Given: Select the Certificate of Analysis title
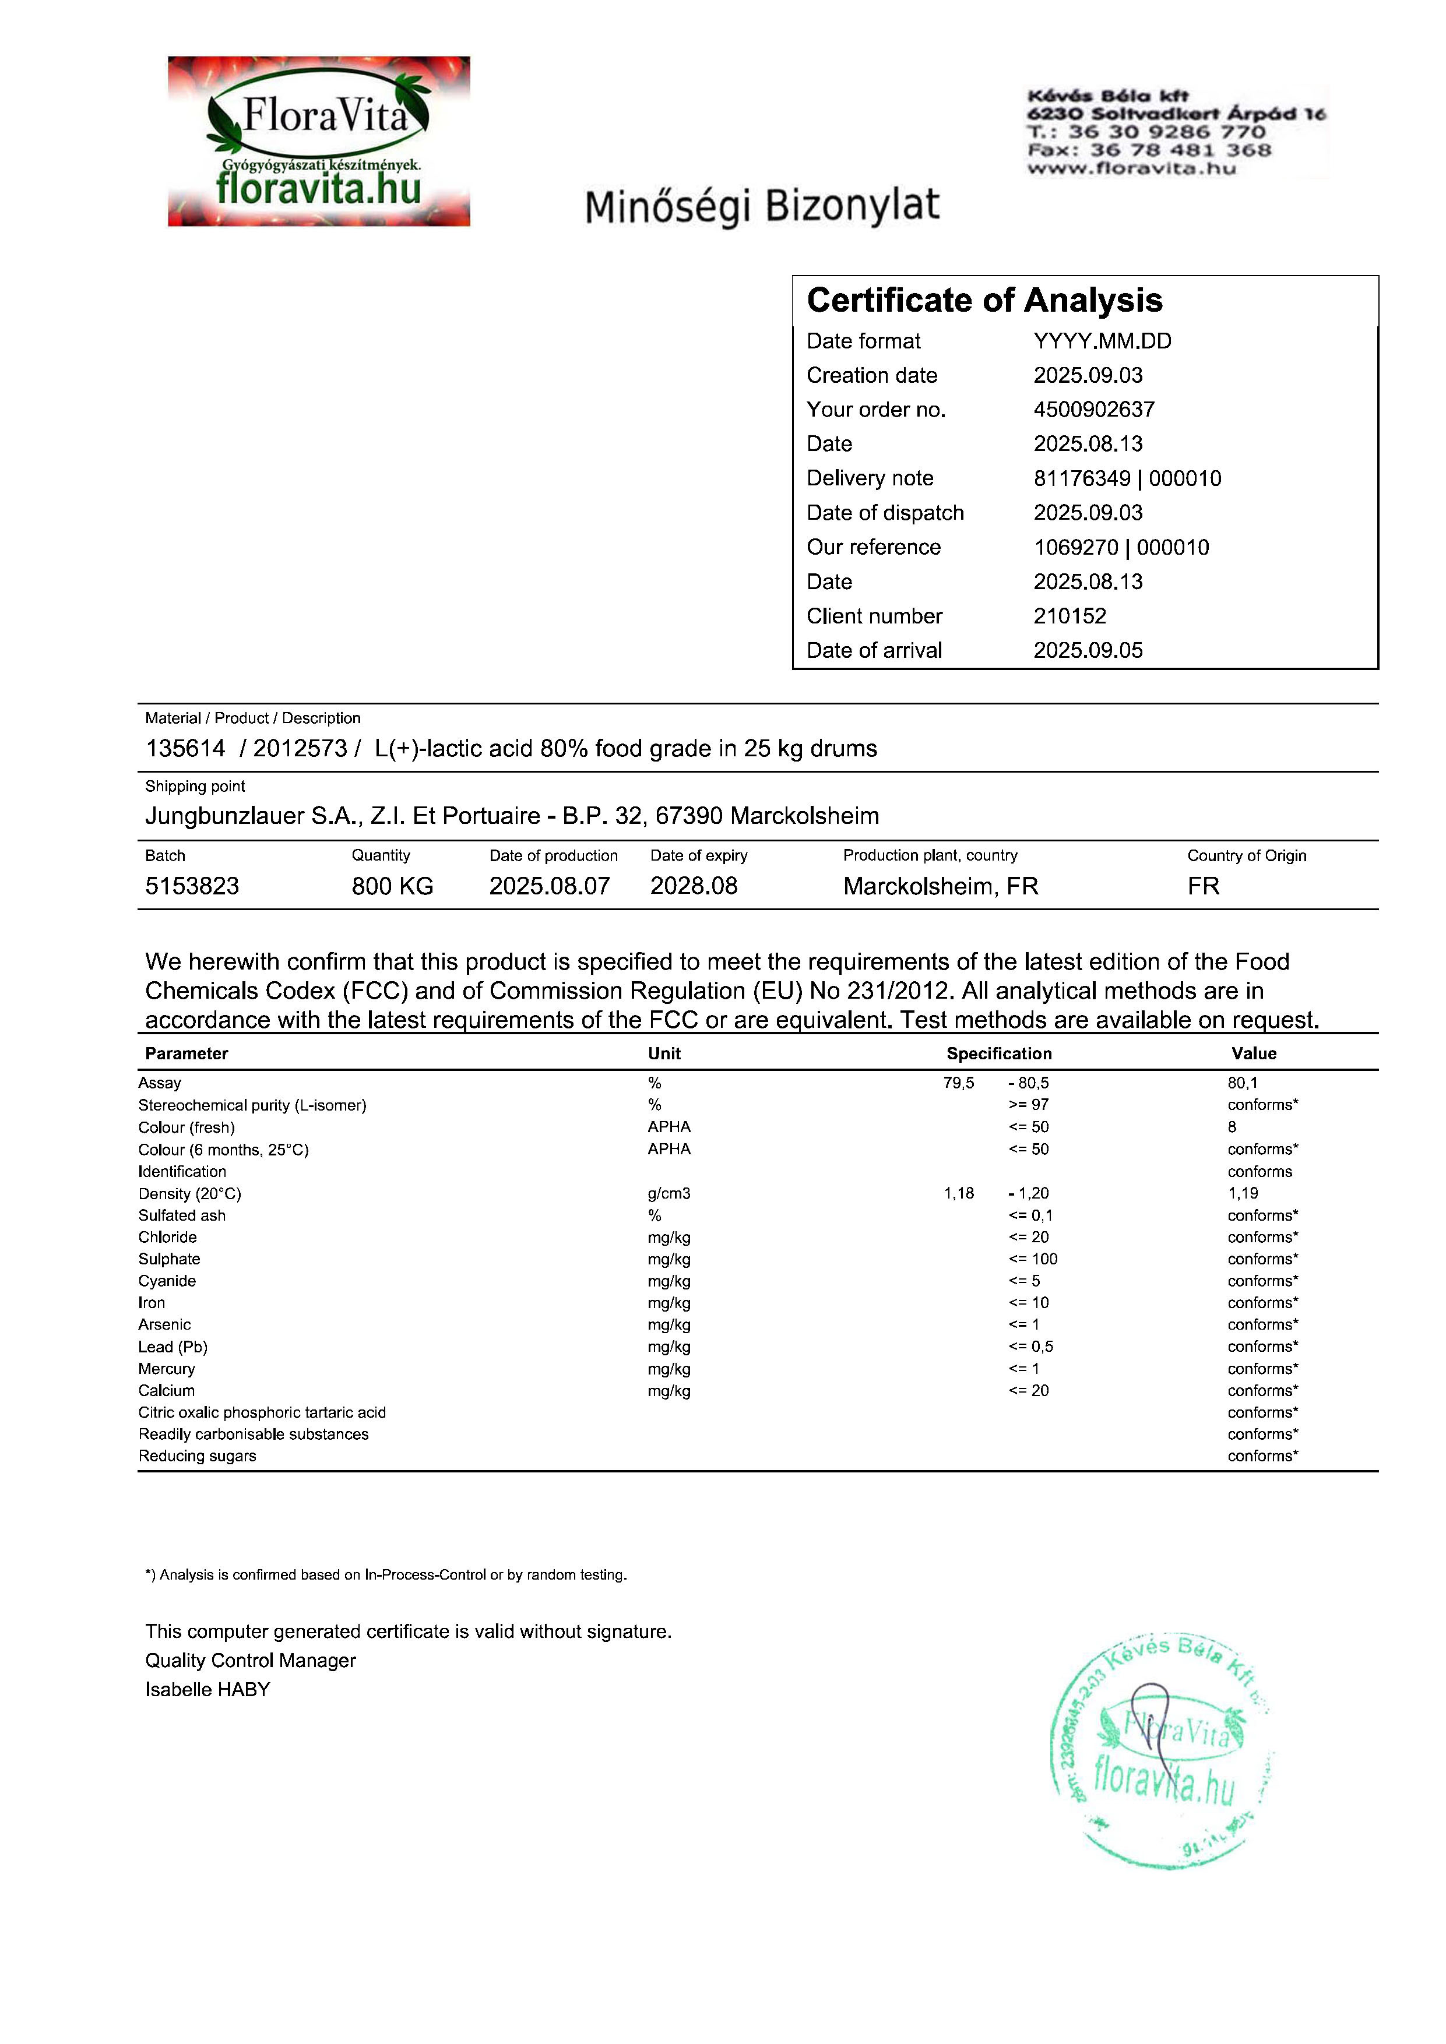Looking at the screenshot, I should coord(984,301).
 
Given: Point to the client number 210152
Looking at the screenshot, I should coord(1069,616).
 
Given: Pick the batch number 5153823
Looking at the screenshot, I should coord(192,886).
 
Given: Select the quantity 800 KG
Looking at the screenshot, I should coord(392,886).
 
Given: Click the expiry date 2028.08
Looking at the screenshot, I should coord(694,886).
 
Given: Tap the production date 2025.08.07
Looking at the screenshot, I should coord(550,886).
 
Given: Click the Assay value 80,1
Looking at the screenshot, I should coord(1242,1083).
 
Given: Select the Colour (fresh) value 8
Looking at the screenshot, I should coord(1232,1127).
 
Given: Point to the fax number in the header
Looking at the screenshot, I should coord(1149,150).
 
